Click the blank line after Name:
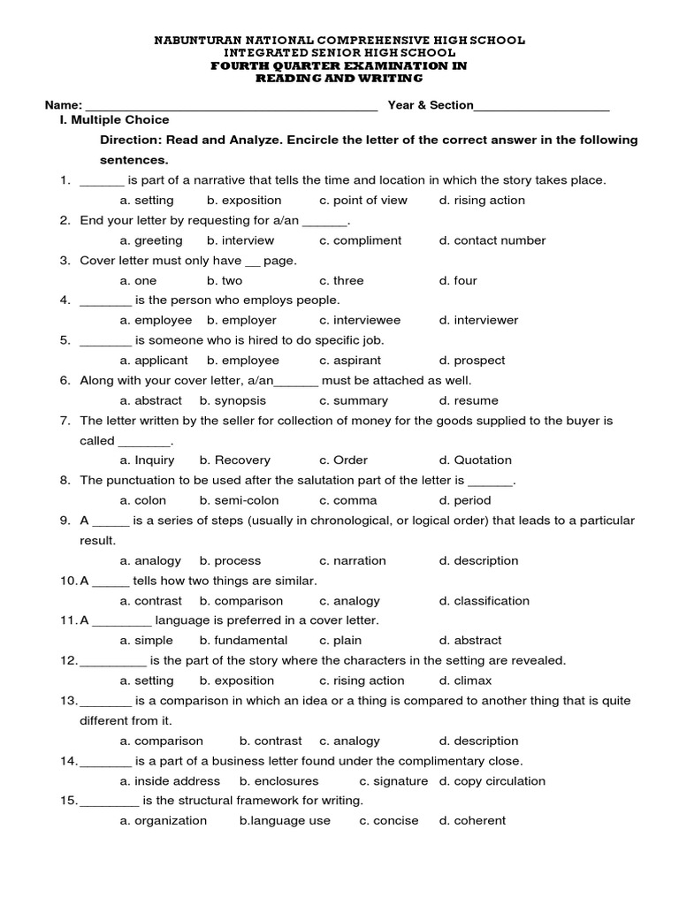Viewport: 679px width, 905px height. (x=232, y=107)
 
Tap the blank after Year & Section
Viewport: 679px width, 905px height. (x=542, y=107)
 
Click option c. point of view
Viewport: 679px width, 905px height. (x=363, y=201)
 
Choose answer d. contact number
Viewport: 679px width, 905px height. (x=492, y=240)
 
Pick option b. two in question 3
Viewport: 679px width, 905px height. (x=225, y=281)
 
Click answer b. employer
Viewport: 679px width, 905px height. (x=241, y=321)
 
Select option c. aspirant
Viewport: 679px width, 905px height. (x=350, y=361)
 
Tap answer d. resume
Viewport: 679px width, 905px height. (x=469, y=401)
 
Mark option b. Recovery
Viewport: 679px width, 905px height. (x=235, y=460)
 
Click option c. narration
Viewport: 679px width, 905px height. (x=353, y=560)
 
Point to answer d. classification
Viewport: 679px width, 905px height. (x=484, y=601)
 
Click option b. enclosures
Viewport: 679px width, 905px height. (x=279, y=781)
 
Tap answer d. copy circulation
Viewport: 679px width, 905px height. (x=492, y=781)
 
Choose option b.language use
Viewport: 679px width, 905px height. (x=285, y=821)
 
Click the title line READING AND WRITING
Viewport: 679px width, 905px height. (x=339, y=79)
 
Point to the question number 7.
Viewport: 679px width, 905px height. (x=65, y=421)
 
